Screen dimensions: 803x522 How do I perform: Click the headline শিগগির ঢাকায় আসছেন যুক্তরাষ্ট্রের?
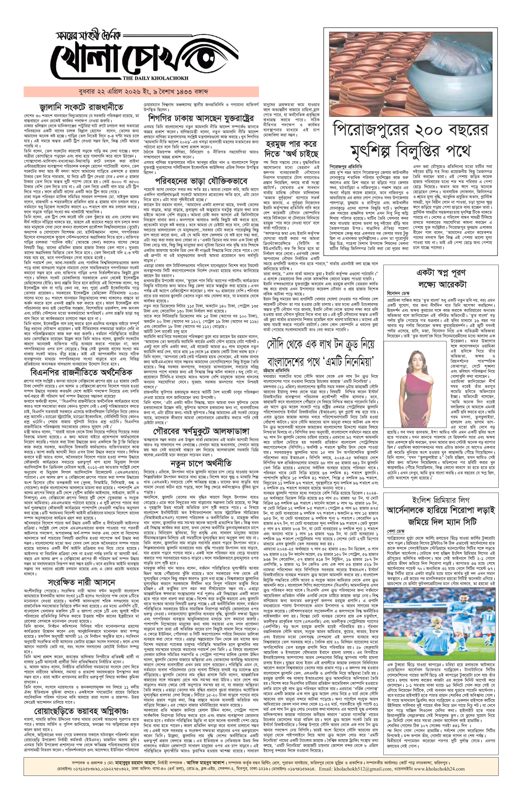(x=201, y=119)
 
